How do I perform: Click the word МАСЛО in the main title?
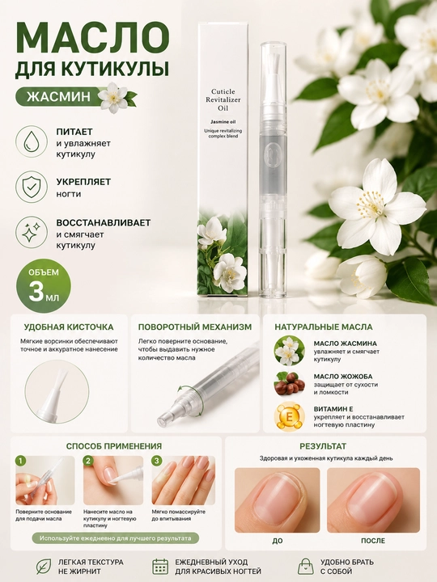tap(92, 37)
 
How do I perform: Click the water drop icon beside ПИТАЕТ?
tap(32, 142)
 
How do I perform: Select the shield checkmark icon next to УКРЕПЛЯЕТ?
tap(32, 188)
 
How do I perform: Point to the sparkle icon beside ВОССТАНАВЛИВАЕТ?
tap(32, 233)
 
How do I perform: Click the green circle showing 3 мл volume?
tap(44, 287)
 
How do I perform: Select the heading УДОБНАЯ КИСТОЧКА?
tap(69, 327)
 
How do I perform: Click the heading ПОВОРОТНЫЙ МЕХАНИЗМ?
tap(195, 327)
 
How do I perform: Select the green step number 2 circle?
tap(88, 462)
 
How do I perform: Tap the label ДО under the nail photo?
tap(278, 541)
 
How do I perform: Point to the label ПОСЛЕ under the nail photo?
tap(373, 541)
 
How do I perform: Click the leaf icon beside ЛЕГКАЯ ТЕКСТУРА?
tap(44, 567)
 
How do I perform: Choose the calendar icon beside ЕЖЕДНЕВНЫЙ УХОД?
tap(160, 567)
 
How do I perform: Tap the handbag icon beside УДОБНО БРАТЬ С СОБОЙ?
tap(305, 567)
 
